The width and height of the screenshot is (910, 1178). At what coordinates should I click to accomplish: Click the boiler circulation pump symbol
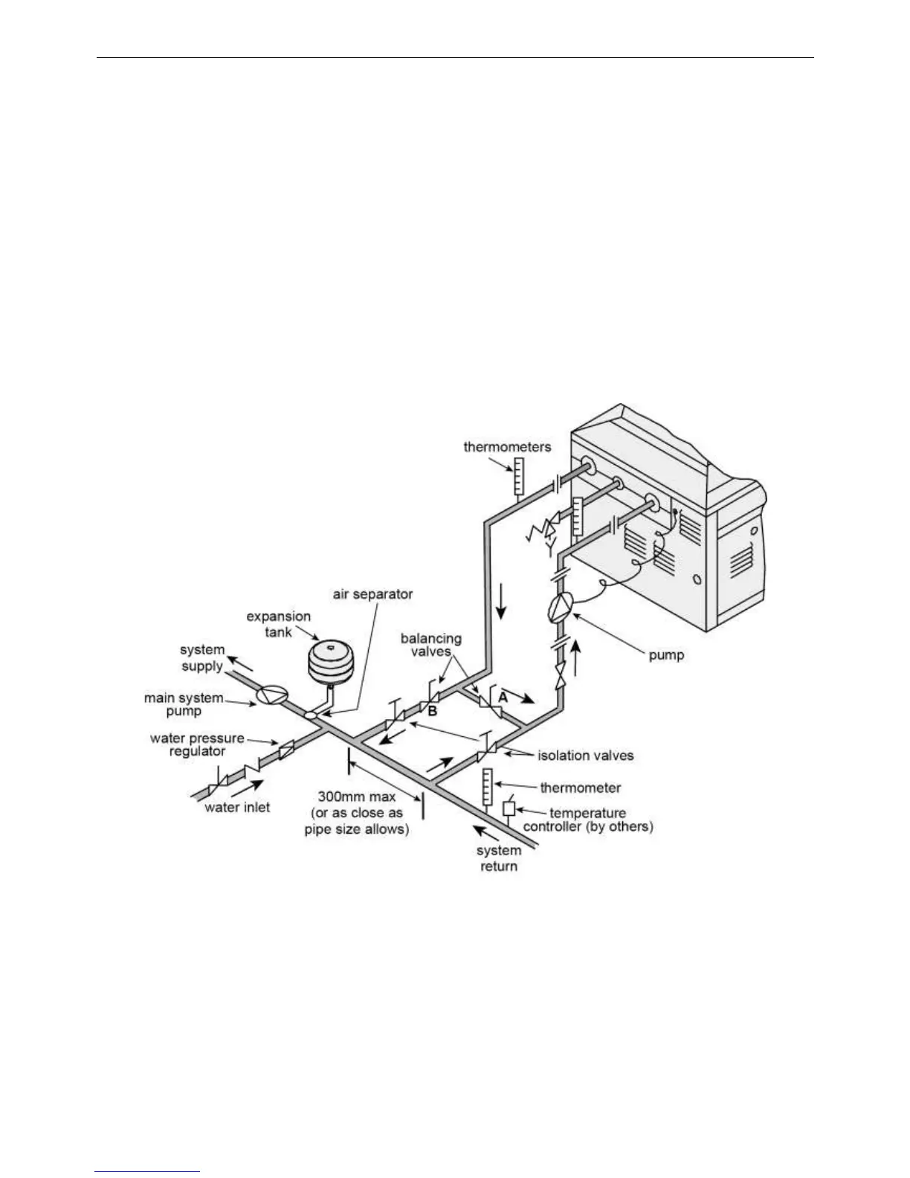click(x=560, y=610)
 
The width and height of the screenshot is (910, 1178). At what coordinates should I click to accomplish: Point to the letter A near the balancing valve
click(x=503, y=698)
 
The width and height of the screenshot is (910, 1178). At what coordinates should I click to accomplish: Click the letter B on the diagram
click(x=433, y=712)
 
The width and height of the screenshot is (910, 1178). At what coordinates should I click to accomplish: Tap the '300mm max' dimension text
click(x=357, y=796)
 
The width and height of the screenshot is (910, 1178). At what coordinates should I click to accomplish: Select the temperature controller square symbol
click(x=509, y=808)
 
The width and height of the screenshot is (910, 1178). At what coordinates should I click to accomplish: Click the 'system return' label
click(x=499, y=858)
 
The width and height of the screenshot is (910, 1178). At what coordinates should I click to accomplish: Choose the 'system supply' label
click(x=202, y=657)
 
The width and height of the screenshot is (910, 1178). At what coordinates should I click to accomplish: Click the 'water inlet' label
click(x=237, y=807)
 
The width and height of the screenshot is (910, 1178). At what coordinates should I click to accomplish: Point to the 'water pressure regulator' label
click(x=197, y=744)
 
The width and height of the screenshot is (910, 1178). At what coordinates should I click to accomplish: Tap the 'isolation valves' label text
click(x=586, y=756)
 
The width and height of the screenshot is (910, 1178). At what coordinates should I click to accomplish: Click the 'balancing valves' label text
click(x=431, y=645)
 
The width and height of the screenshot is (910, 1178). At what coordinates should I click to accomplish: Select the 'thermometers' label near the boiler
click(x=507, y=447)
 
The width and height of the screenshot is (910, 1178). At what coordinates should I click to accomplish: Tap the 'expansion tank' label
click(x=279, y=624)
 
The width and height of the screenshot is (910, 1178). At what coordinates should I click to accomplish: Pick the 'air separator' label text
click(x=372, y=594)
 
